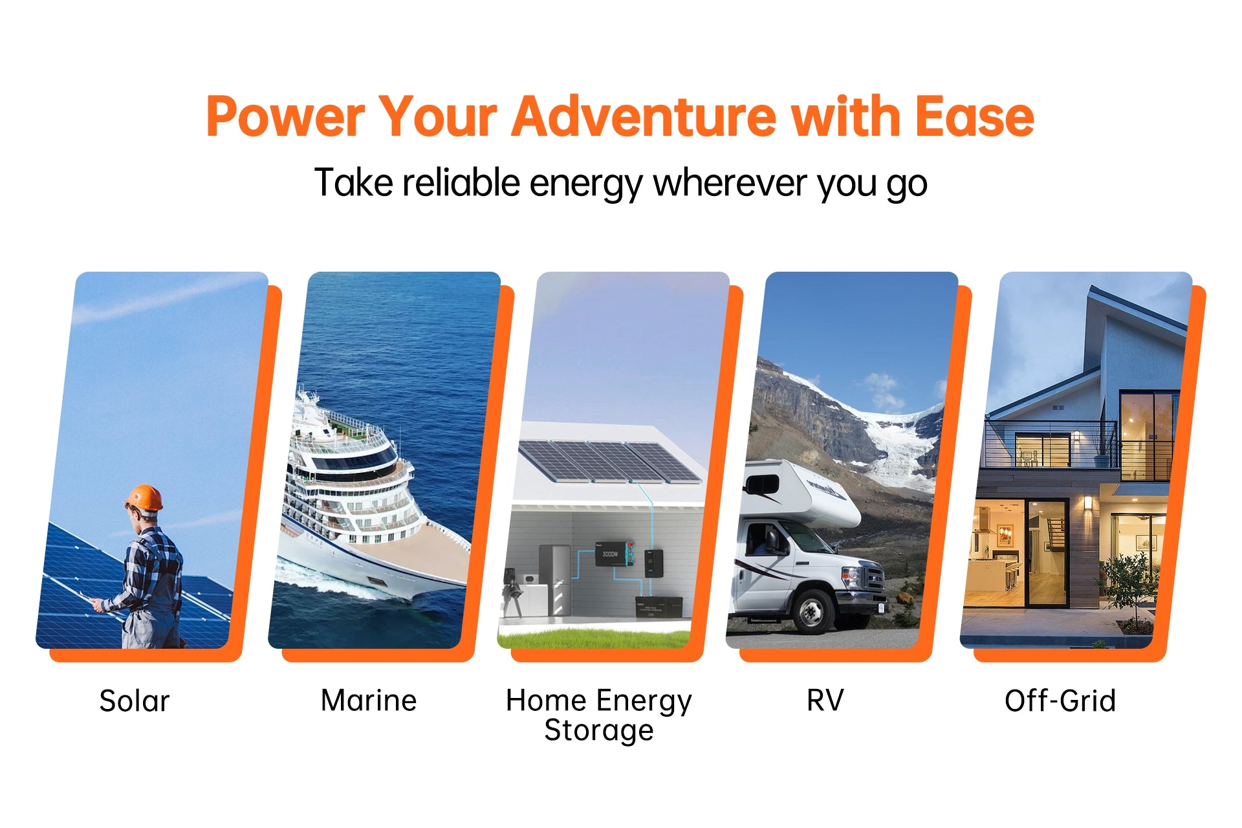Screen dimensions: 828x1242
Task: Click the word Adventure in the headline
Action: tap(644, 117)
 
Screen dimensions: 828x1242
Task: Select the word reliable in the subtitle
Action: tap(461, 183)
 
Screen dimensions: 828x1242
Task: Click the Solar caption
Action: tap(135, 701)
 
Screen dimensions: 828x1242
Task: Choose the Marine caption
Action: tap(369, 701)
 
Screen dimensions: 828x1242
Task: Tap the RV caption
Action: tap(825, 701)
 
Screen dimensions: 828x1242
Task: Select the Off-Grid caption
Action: tap(1060, 701)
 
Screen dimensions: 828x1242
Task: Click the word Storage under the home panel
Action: tap(599, 731)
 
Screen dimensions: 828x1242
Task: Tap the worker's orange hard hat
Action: tap(144, 497)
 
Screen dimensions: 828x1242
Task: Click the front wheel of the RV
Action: tap(811, 610)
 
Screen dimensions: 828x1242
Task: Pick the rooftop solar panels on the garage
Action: tap(608, 461)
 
